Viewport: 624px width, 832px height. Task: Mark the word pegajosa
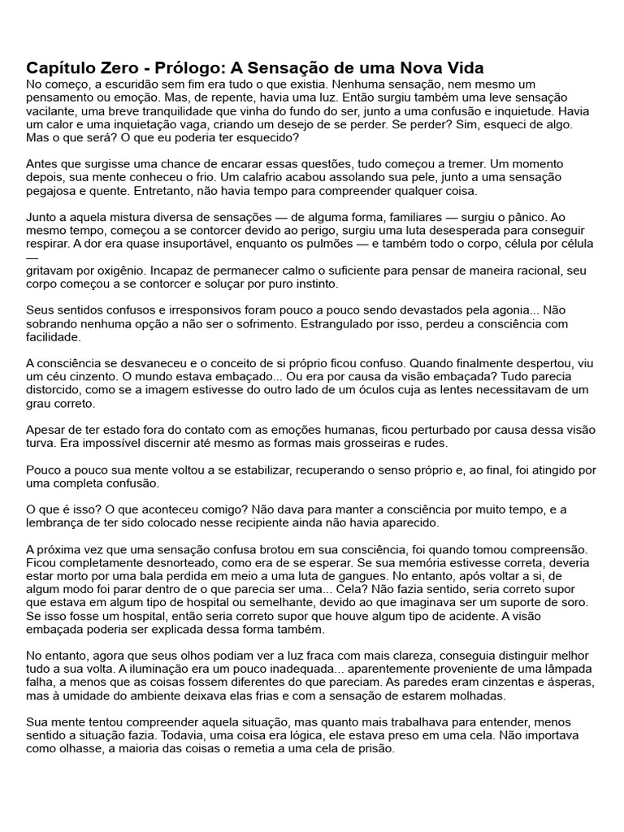click(x=54, y=190)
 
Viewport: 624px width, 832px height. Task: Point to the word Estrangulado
click(x=381, y=323)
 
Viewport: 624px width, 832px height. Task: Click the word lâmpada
click(x=568, y=668)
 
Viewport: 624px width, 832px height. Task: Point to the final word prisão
click(x=375, y=749)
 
